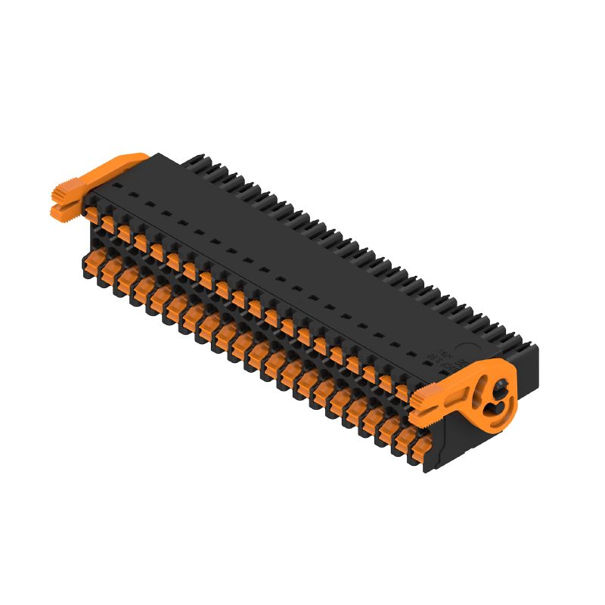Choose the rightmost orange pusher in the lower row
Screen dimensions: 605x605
pyautogui.click(x=414, y=454)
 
